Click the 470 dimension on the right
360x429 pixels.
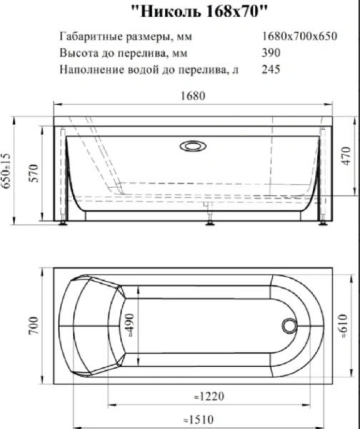(347, 155)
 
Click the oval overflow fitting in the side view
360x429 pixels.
(194, 147)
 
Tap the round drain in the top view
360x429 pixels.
(290, 325)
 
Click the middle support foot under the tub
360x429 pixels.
(210, 223)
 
